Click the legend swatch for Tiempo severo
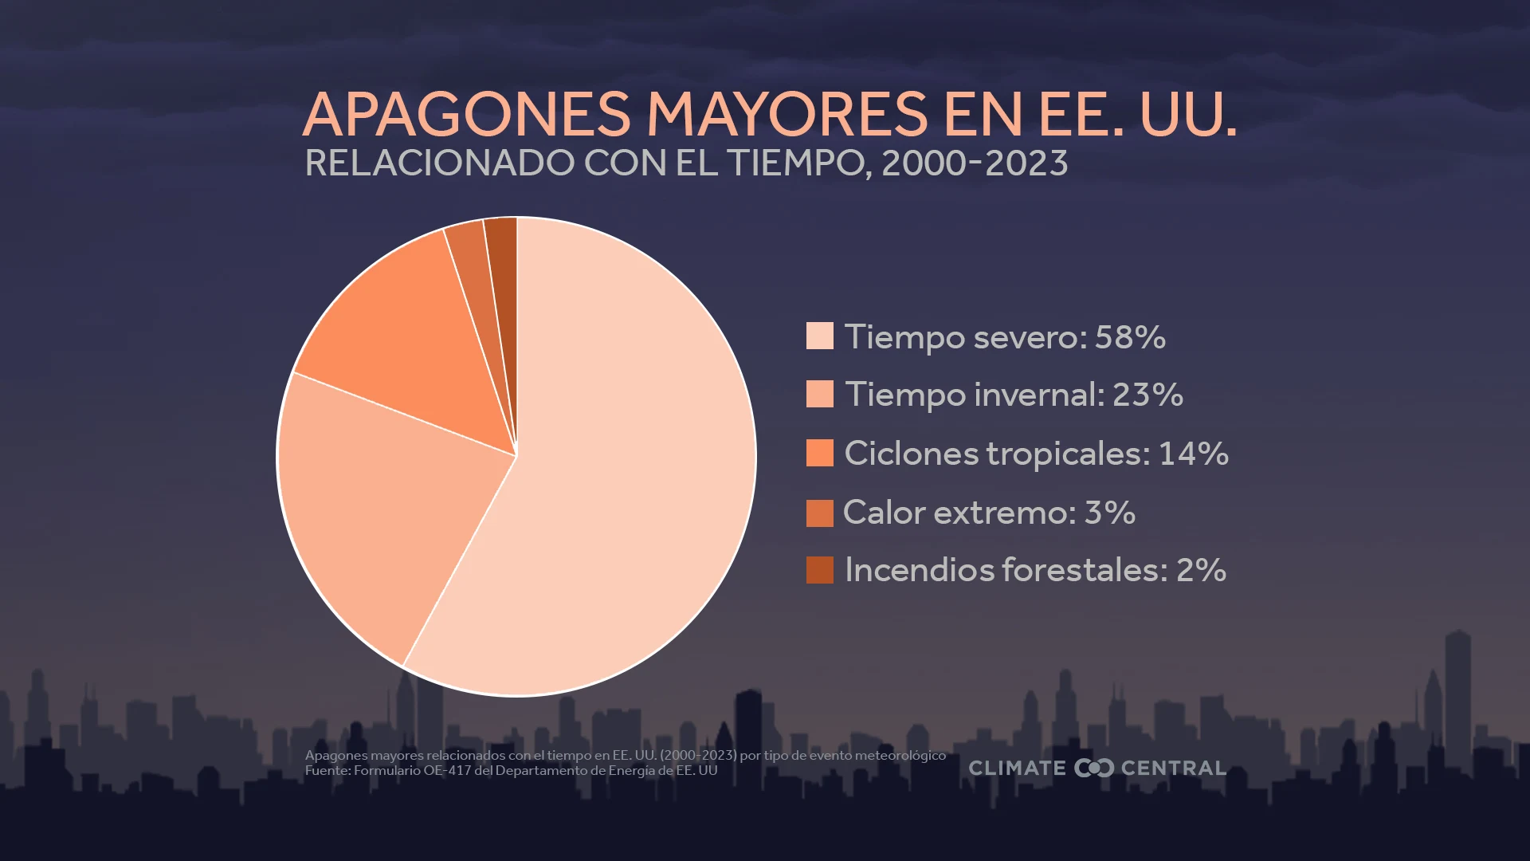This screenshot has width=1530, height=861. pos(819,336)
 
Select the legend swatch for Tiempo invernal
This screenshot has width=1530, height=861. pos(819,394)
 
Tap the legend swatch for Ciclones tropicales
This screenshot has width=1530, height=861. pos(819,453)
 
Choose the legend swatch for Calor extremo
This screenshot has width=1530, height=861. pos(819,513)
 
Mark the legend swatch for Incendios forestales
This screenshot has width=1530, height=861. pos(819,570)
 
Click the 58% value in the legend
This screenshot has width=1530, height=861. pos(1130,337)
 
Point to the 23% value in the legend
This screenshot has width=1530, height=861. pos(1147,395)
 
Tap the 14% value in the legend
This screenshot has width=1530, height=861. pos(1193,454)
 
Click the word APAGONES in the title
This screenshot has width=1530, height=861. pos(467,114)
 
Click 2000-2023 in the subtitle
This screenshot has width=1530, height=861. pos(975,163)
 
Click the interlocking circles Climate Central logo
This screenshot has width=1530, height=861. pos(1093,768)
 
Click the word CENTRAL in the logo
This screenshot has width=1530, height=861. pos(1173,768)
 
